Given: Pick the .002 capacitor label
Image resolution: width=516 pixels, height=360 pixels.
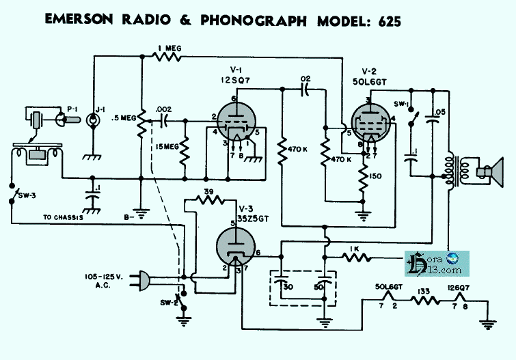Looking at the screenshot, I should [x=163, y=109].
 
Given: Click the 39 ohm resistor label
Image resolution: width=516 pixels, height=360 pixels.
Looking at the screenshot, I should [x=208, y=191].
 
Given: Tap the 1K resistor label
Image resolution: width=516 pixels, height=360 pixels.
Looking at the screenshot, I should [x=353, y=248].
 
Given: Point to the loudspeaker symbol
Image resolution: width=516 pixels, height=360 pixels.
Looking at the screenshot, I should [x=488, y=171].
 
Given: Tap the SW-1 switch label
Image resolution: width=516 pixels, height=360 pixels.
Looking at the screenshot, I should [x=402, y=104].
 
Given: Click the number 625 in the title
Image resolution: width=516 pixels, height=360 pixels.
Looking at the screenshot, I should [x=381, y=20].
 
